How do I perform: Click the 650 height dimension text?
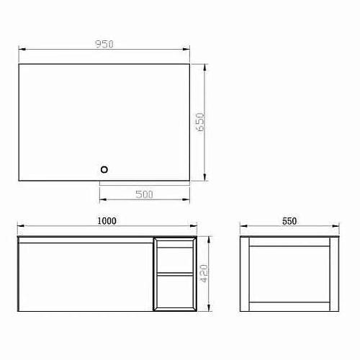[202, 122]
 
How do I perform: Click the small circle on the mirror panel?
[104, 169]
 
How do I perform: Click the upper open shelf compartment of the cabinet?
[175, 257]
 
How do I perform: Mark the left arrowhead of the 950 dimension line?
[21, 49]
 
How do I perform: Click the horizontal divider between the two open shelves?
[175, 274]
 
